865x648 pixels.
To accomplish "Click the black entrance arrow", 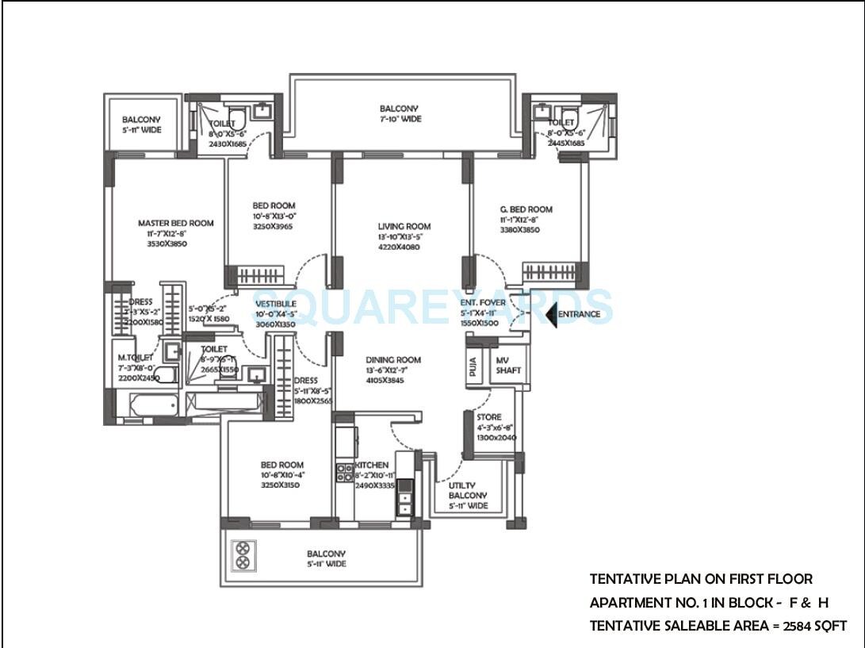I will tap(551, 315).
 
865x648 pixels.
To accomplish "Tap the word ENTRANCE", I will tap(578, 315).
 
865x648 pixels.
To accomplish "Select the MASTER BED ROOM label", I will tap(175, 224).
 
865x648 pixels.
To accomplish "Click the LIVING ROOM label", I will tap(404, 227).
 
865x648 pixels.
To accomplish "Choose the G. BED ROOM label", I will tap(526, 210).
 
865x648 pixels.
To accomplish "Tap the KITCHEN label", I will tap(372, 465).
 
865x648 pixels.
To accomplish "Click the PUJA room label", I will tap(473, 367).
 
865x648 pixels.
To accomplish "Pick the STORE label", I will tap(488, 418).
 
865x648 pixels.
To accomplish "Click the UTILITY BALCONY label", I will tap(467, 495).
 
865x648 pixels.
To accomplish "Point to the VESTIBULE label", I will tap(275, 304).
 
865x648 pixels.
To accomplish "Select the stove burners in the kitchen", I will tap(344, 473).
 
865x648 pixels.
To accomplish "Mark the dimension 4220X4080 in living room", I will tap(399, 247).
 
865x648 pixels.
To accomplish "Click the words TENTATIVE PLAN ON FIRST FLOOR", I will tap(701, 580).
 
